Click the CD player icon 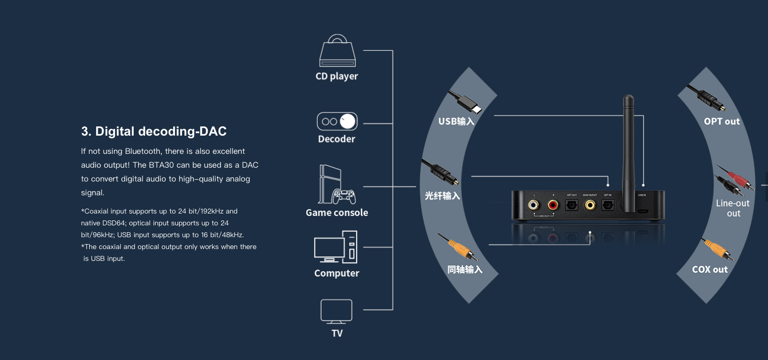[x=337, y=51]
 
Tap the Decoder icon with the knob [x=337, y=121]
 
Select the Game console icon [x=337, y=184]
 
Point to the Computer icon [x=336, y=247]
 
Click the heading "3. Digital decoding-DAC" [x=154, y=131]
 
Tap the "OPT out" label [x=722, y=121]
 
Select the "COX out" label [x=710, y=269]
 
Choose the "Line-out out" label [x=733, y=208]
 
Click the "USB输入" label [x=456, y=121]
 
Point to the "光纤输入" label [x=442, y=196]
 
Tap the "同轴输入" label [x=465, y=270]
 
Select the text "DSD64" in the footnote [x=115, y=223]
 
